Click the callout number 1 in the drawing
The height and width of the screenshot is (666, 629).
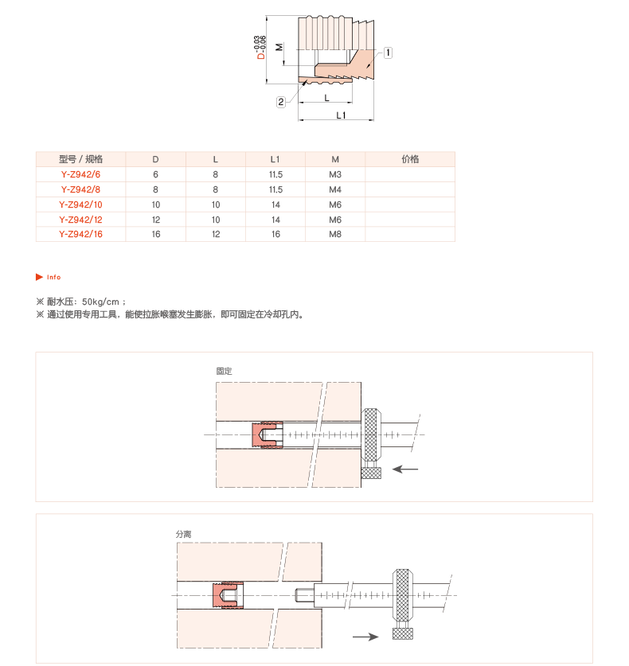point(388,53)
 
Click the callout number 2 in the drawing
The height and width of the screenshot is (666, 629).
point(281,102)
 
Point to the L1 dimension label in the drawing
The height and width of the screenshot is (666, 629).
point(341,115)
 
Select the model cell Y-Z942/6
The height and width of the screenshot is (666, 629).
point(80,174)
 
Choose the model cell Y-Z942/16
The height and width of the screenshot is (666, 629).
point(80,234)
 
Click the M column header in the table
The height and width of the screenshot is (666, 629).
point(335,159)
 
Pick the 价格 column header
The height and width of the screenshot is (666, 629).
point(410,159)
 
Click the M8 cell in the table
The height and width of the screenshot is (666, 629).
point(335,234)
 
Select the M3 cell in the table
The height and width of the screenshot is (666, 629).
point(335,174)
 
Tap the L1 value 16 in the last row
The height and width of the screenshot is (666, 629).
point(275,234)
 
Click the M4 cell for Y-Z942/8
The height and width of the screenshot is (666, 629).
point(335,189)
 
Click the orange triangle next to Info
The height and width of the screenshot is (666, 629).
point(40,277)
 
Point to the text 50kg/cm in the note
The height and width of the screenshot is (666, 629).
point(100,302)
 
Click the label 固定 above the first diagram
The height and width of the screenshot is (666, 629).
point(224,371)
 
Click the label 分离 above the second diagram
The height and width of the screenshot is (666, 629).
point(184,534)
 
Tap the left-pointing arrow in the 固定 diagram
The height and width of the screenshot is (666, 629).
point(405,469)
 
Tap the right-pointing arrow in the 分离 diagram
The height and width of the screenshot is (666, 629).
point(365,637)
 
